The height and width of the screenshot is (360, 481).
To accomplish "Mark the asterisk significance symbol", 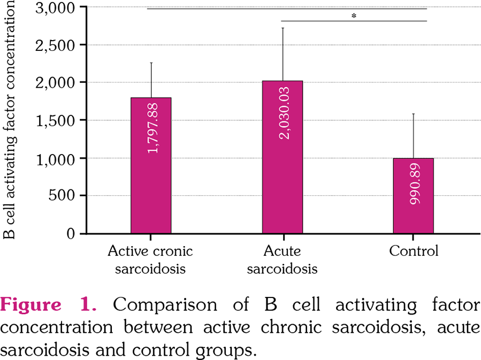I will tap(354, 16).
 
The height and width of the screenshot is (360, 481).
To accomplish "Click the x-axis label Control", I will tap(414, 251).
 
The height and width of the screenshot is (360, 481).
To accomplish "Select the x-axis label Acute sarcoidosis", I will tap(283, 259).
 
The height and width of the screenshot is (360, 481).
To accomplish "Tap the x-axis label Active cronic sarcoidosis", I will tap(150, 259).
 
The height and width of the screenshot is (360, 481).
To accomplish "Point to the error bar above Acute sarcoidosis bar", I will tap(283, 54).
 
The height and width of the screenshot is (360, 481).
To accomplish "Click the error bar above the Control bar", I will tap(414, 136).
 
